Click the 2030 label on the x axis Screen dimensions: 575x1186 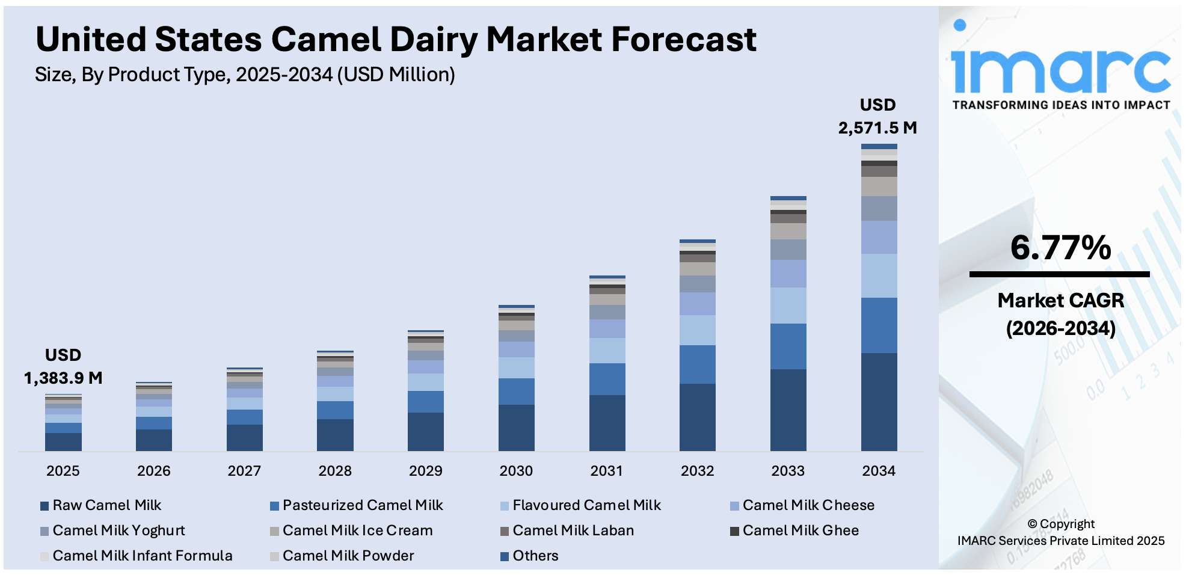(516, 471)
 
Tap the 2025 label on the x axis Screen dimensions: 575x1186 (63, 471)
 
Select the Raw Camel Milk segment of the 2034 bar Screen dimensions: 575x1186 (879, 401)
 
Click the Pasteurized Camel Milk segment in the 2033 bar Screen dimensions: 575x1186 (788, 346)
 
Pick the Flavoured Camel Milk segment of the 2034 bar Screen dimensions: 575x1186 (879, 275)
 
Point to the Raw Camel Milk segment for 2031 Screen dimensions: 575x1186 (607, 422)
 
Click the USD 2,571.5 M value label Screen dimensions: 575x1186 (877, 117)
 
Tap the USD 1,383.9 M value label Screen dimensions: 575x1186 (63, 366)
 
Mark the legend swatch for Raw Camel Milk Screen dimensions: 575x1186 (45, 506)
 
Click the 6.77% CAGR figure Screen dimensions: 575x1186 (1060, 248)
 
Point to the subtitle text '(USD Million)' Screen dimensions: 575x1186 (396, 75)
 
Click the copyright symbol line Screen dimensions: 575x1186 (1061, 524)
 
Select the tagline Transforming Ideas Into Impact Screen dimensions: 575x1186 (1061, 105)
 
